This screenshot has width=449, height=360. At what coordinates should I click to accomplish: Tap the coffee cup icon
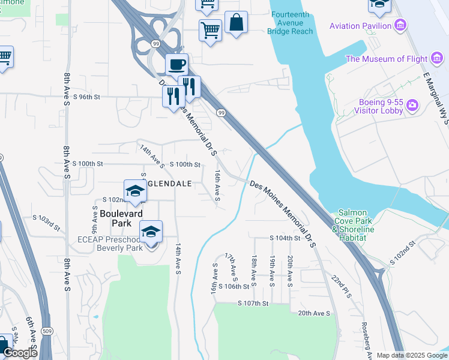pos(176,64)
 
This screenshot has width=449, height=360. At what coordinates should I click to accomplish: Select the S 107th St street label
pos(253,304)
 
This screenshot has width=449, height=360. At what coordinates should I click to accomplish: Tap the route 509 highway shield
pos(46,331)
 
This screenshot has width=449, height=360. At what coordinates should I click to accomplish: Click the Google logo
pos(20,353)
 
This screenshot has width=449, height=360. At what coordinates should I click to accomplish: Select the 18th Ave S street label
pos(255,269)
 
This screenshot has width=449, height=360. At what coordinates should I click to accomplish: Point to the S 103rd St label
pos(47,222)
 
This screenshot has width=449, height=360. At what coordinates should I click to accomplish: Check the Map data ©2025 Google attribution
pos(412,355)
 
